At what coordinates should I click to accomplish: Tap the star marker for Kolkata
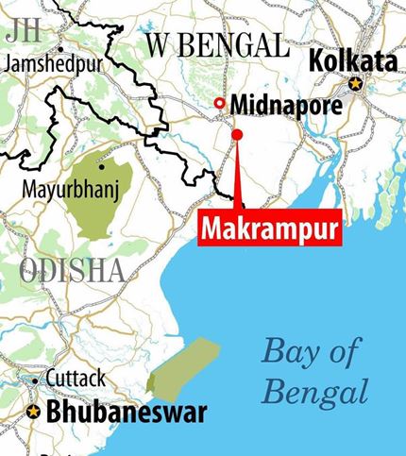[x=355, y=83]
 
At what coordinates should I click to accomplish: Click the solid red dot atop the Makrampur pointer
[x=237, y=135]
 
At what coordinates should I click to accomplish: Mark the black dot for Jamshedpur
[x=60, y=47]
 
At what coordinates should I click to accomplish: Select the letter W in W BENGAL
[x=157, y=42]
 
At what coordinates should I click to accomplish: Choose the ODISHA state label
[x=72, y=271]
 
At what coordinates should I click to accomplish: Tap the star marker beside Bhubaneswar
[x=33, y=413]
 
